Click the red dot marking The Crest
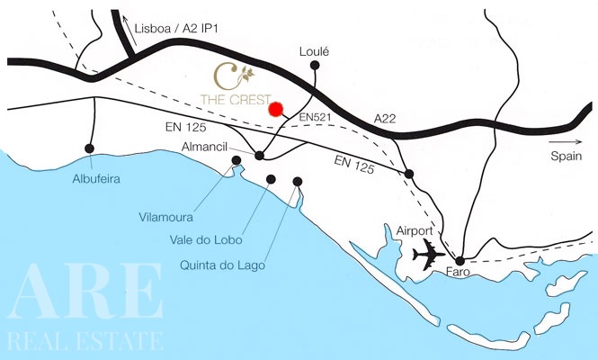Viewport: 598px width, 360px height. click(275, 109)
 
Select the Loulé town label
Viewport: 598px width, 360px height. click(315, 52)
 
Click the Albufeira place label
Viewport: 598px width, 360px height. click(96, 178)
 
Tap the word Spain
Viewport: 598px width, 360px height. click(569, 156)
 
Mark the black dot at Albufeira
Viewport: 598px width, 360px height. click(88, 148)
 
